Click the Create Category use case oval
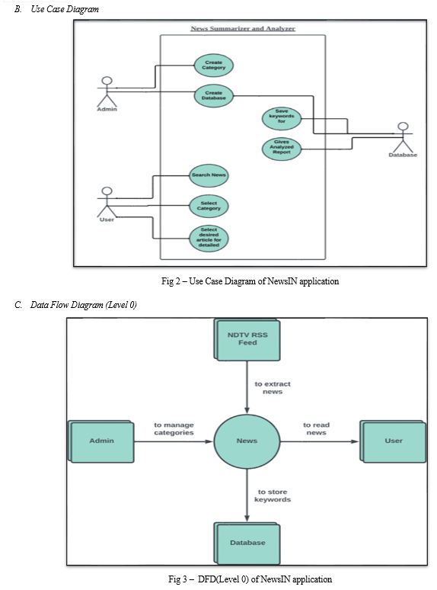coord(214,66)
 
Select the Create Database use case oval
coord(214,95)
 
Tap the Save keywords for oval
coord(282,118)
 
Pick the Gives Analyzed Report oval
coord(282,149)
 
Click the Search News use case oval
coord(209,175)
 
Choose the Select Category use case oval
coord(209,207)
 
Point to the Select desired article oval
coord(209,239)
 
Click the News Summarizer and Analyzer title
coord(243,28)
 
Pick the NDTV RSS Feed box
coord(247,340)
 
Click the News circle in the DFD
coord(247,441)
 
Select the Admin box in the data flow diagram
coord(101,441)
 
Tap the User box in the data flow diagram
coord(393,441)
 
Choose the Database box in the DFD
coord(247,544)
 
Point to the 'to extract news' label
coord(273,387)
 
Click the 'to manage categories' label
coord(174,428)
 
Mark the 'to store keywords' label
coord(273,495)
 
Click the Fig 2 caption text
coord(250,281)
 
